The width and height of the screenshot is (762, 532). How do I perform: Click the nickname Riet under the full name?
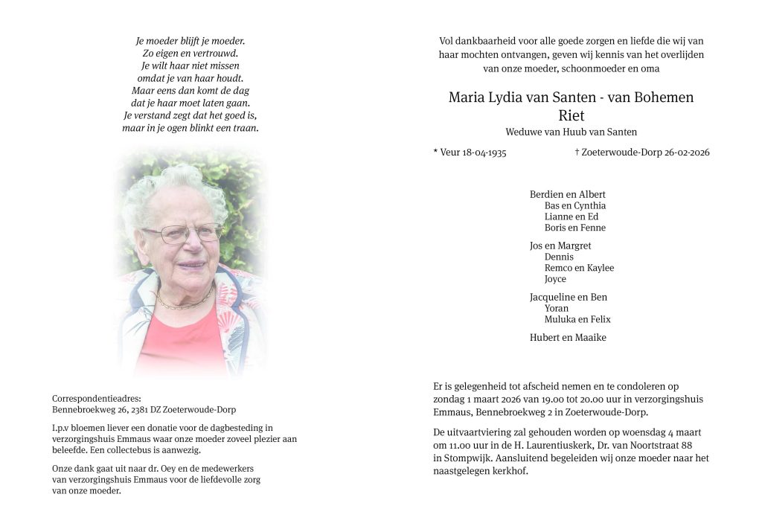pyautogui.click(x=571, y=115)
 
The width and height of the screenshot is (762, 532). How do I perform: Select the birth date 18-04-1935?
pyautogui.click(x=484, y=153)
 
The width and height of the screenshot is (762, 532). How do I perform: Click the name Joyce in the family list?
pyautogui.click(x=555, y=279)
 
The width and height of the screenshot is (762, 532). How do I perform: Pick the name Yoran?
pyautogui.click(x=557, y=308)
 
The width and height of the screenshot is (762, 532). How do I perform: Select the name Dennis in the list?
pyautogui.click(x=559, y=257)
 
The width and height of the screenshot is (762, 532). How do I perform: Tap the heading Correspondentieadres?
pyautogui.click(x=96, y=399)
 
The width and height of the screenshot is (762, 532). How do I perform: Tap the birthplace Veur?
pyautogui.click(x=451, y=153)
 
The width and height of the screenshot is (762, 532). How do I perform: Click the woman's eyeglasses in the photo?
pyautogui.click(x=182, y=234)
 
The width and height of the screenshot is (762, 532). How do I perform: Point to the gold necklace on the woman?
pyautogui.click(x=184, y=303)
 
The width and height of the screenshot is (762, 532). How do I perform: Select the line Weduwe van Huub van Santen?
pyautogui.click(x=571, y=132)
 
